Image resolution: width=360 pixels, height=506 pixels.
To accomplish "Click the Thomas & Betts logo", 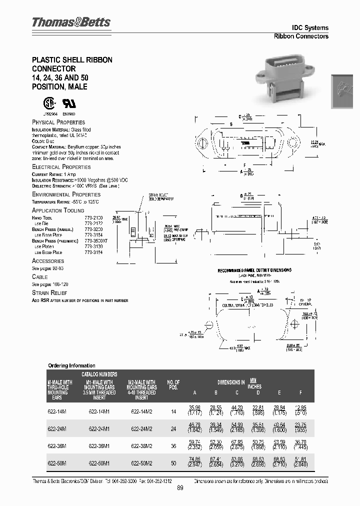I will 71,22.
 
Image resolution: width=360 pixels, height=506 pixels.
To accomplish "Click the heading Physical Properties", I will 58,122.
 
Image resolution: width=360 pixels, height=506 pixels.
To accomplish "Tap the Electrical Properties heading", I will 61,166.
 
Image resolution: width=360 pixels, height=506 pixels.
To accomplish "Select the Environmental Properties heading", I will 66,194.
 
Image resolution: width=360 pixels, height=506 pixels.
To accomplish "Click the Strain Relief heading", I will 49,292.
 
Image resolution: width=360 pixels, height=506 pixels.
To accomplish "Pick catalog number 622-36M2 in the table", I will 141,445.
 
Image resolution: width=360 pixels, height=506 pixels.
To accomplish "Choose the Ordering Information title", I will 71,365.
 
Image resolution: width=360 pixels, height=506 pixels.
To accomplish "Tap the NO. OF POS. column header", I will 173,385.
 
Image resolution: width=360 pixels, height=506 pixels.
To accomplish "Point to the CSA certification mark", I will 49,103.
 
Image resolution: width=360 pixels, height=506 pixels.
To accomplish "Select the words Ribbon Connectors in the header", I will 301,36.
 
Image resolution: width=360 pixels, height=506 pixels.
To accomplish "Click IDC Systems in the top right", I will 310,27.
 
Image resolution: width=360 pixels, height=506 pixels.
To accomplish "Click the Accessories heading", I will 48,261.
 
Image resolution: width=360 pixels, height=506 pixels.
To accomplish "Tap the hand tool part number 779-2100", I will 93,218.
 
